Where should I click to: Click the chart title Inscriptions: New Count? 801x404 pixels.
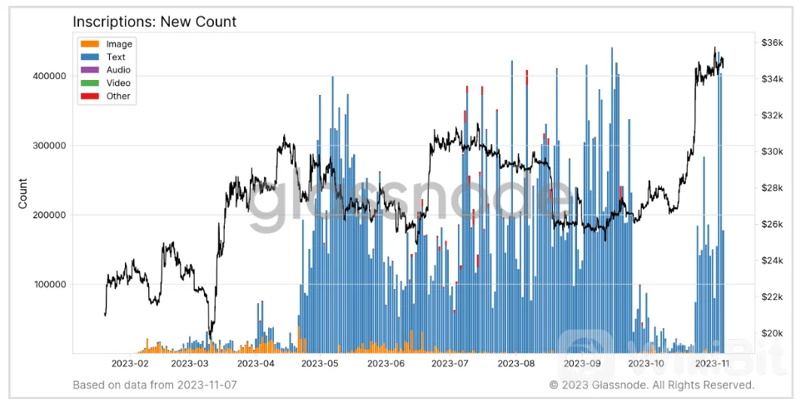pyautogui.click(x=154, y=22)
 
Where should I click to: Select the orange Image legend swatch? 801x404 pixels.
pyautogui.click(x=91, y=44)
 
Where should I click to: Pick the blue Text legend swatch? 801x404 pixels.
pyautogui.click(x=91, y=57)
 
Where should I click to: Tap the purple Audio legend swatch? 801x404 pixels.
pyautogui.click(x=91, y=71)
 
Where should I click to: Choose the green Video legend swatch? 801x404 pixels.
pyautogui.click(x=91, y=83)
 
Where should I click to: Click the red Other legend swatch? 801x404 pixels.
pyautogui.click(x=91, y=97)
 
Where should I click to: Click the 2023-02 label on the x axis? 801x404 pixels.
pyautogui.click(x=128, y=364)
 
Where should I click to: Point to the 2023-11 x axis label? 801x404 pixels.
pyautogui.click(x=713, y=364)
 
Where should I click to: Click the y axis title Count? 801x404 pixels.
pyautogui.click(x=24, y=194)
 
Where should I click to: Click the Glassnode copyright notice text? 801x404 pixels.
pyautogui.click(x=651, y=385)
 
